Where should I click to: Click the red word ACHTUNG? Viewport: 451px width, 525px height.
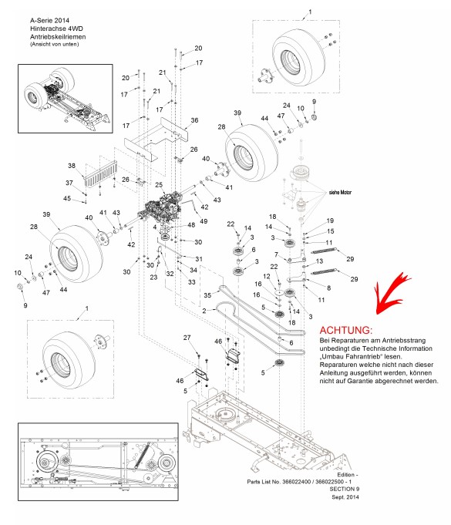[x=345, y=330]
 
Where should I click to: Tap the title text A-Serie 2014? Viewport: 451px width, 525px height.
[x=49, y=20]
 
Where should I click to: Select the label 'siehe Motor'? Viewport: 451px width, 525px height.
[x=340, y=193]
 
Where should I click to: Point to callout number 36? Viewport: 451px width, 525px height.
[x=194, y=120]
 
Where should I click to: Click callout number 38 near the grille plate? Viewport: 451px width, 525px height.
[x=72, y=166]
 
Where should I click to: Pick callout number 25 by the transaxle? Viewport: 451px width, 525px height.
[x=159, y=185]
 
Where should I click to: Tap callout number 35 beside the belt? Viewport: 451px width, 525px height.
[x=207, y=295]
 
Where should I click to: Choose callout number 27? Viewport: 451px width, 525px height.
[x=187, y=338]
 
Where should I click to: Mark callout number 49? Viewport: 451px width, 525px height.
[x=204, y=221]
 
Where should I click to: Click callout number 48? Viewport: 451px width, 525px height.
[x=191, y=225]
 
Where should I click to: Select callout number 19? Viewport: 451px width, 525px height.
[x=330, y=220]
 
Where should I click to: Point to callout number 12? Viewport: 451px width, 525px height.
[x=267, y=276]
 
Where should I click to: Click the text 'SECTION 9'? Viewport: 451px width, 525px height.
[x=344, y=489]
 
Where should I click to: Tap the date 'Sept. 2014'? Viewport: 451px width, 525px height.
[x=345, y=497]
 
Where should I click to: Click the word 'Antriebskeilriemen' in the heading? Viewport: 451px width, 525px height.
[x=58, y=37]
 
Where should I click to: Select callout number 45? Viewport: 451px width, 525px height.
[x=67, y=198]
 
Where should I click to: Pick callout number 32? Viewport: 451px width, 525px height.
[x=170, y=274]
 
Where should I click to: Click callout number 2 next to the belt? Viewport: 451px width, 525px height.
[x=204, y=311]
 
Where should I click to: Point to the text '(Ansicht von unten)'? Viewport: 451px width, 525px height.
[x=55, y=44]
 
